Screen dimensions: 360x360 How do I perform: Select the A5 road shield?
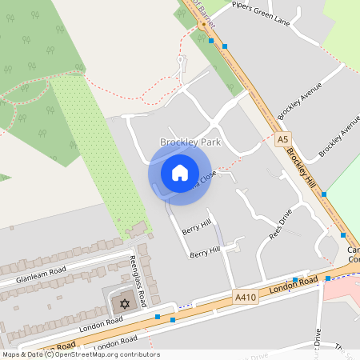(281, 139)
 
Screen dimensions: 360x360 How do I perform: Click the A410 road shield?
(246, 297)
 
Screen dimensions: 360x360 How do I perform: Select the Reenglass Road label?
(138, 282)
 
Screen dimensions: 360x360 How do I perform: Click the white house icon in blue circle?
(179, 173)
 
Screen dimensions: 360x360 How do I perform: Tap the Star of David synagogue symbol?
(124, 304)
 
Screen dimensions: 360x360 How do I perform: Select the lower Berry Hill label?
(204, 254)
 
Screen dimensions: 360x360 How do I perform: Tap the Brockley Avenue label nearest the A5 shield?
(299, 100)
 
